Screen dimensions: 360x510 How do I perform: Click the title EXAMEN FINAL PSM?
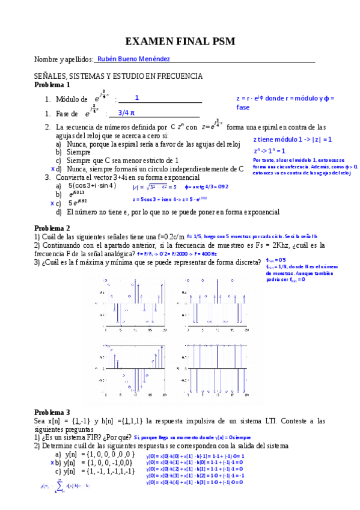180,41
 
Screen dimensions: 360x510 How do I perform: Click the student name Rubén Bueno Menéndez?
133,59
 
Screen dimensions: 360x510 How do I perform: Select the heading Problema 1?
52,85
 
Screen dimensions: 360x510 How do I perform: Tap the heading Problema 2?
52,228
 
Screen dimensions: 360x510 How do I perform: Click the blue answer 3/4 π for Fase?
126,112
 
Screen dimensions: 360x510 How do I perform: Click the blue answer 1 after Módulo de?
137,97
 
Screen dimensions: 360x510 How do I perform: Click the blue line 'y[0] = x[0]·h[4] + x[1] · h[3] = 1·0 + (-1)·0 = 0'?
195,482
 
